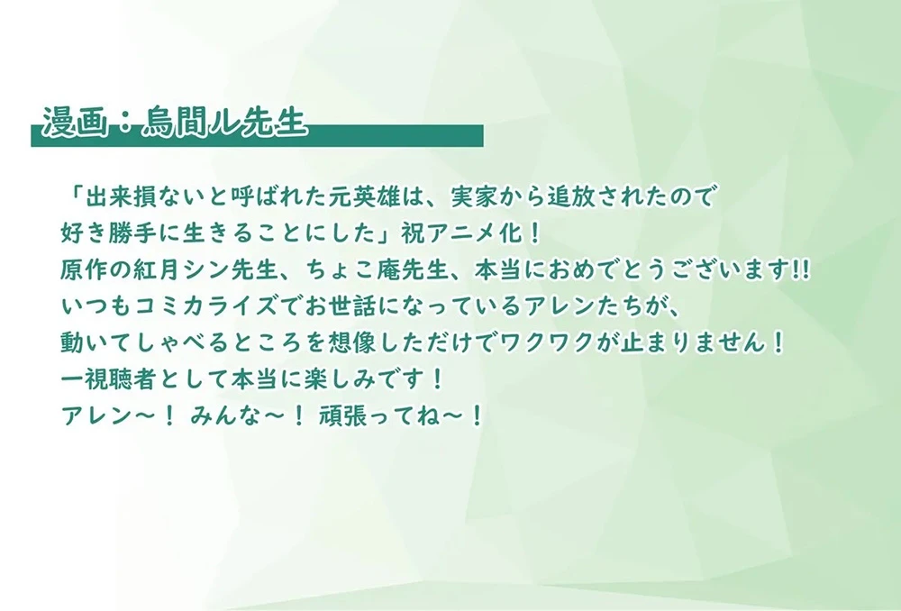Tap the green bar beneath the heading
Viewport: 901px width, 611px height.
[360, 136]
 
